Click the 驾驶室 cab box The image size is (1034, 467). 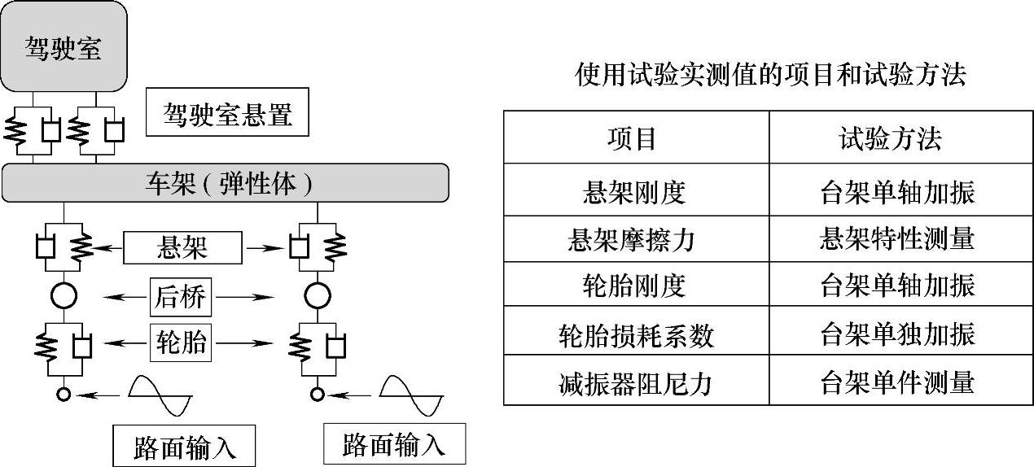64,46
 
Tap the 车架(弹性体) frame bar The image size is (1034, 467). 225,182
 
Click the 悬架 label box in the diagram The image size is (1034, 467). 182,247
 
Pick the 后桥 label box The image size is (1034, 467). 181,299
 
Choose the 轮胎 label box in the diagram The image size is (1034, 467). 181,344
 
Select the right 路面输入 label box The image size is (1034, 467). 395,443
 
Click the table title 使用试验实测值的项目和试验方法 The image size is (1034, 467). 769,76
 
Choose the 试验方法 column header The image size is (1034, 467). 890,139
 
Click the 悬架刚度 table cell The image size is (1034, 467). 635,192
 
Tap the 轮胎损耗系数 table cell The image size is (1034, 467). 636,334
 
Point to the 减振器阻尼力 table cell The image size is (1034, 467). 636,382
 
